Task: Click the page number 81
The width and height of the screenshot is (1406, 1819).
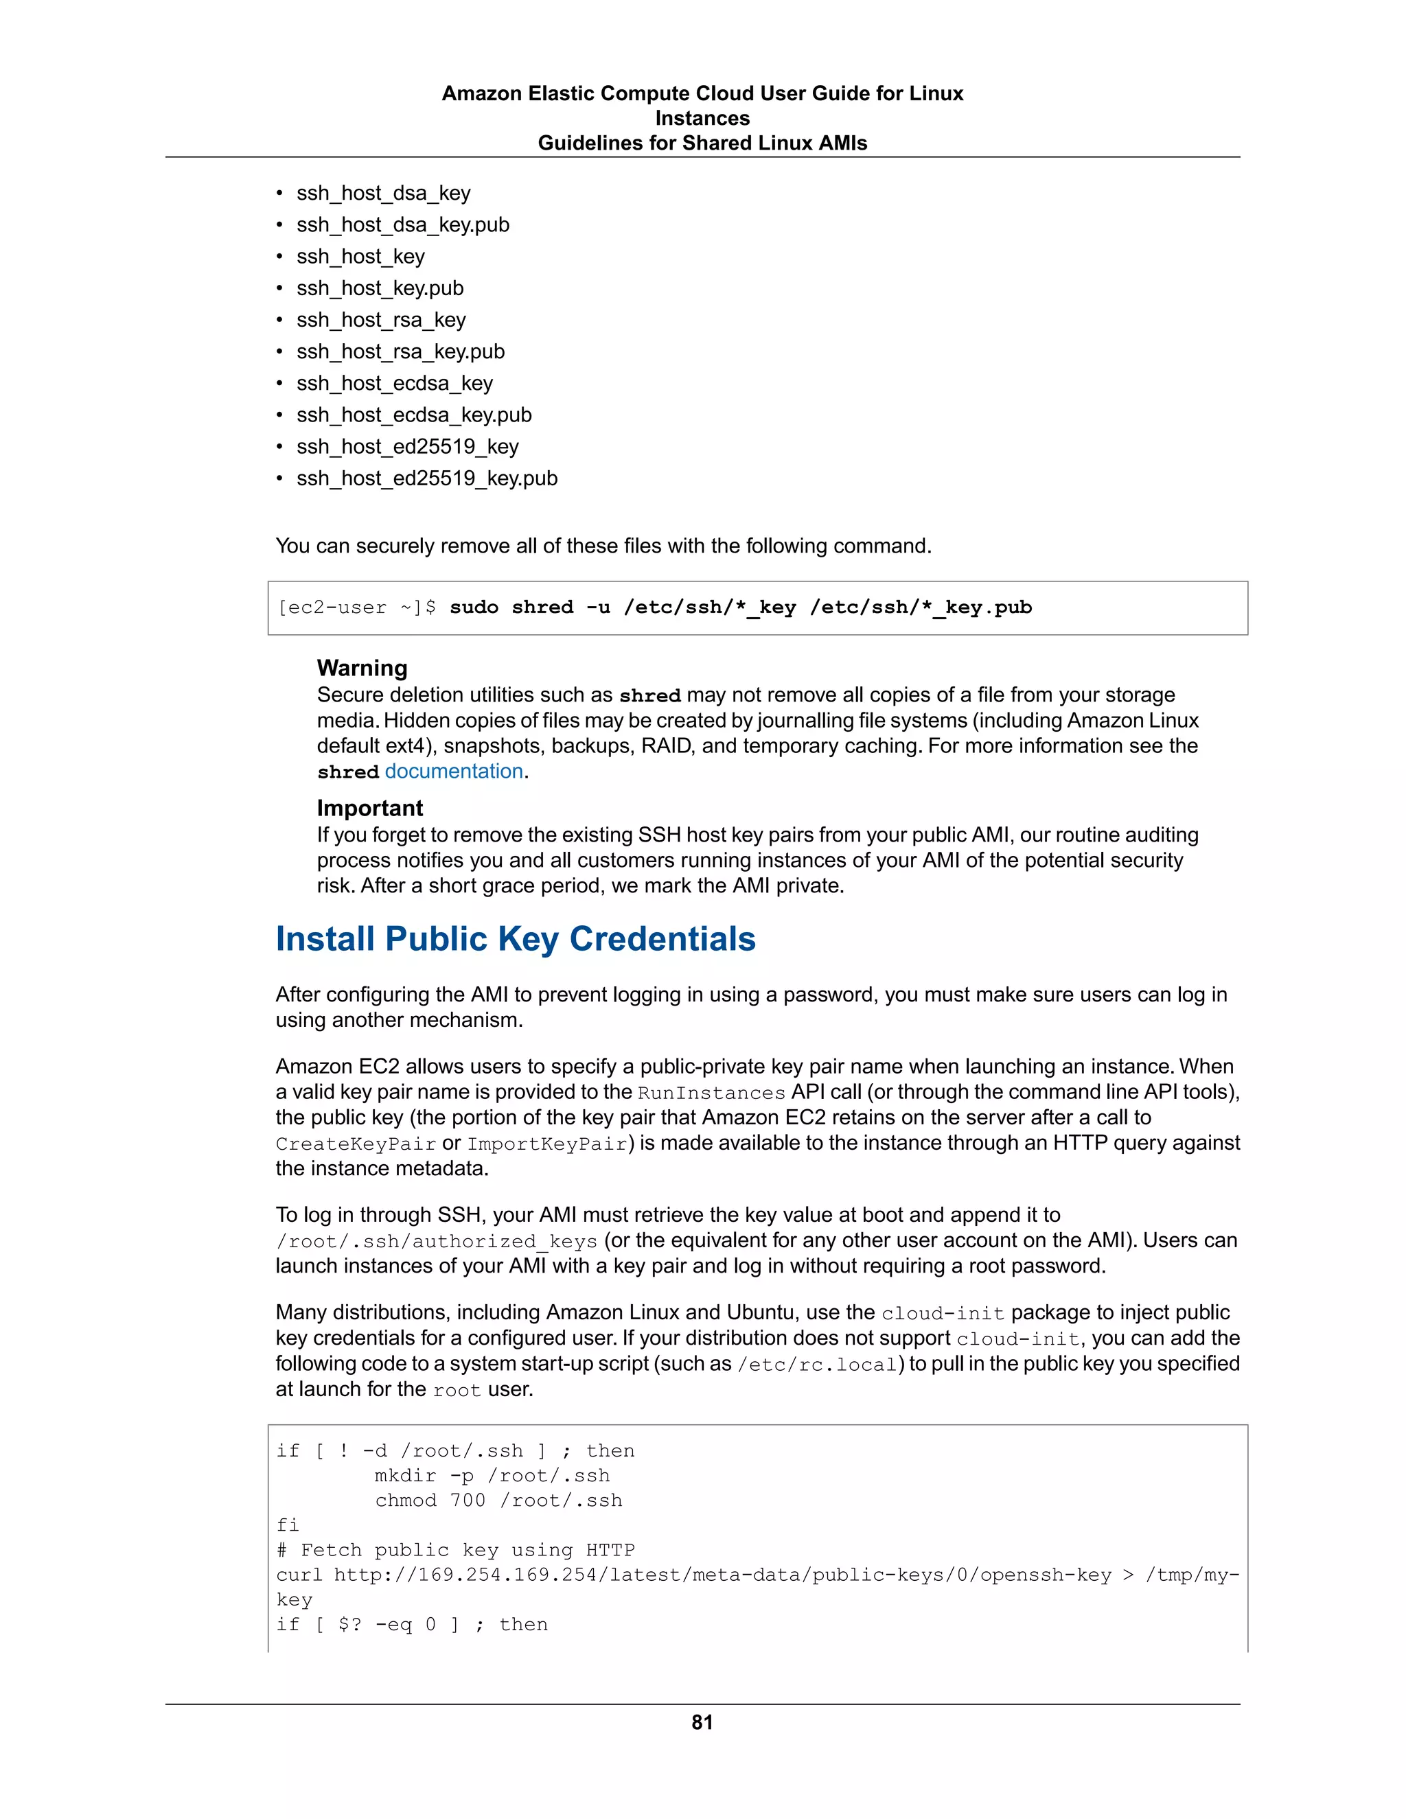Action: [x=702, y=1722]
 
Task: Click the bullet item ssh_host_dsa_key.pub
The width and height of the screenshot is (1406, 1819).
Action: [x=402, y=225]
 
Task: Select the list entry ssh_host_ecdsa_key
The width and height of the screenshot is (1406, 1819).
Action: [x=394, y=383]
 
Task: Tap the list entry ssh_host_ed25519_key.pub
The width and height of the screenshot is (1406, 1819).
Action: [x=426, y=478]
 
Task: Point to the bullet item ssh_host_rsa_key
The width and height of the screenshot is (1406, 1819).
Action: [x=380, y=320]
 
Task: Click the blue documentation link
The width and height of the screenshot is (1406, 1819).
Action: [x=453, y=772]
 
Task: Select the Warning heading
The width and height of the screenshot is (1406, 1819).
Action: [x=362, y=668]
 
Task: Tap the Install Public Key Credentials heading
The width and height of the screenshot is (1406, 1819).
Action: [x=515, y=938]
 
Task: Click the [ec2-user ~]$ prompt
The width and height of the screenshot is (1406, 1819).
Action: [x=356, y=607]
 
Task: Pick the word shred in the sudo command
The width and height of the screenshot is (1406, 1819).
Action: [x=542, y=607]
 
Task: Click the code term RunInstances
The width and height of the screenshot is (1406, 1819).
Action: [x=711, y=1093]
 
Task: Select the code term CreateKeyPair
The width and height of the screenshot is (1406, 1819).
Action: [x=356, y=1144]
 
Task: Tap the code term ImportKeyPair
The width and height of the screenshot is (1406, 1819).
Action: [x=547, y=1144]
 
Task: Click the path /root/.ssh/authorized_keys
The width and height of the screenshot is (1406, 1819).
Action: [x=437, y=1241]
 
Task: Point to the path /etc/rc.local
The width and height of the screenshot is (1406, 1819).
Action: [x=816, y=1365]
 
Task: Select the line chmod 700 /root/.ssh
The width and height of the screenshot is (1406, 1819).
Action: [x=498, y=1500]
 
